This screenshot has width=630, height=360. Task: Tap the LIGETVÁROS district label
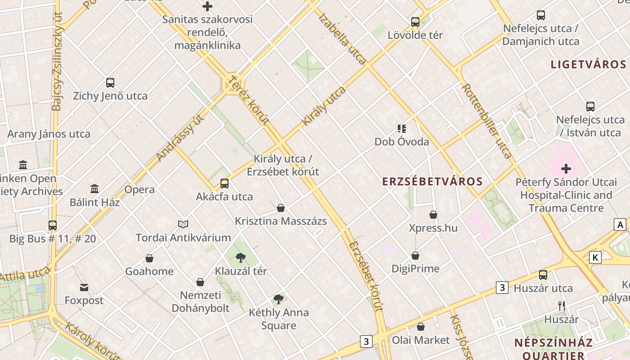coord(588,64)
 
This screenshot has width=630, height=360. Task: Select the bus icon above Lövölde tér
coord(415,22)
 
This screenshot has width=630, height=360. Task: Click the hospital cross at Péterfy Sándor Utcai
coord(566,169)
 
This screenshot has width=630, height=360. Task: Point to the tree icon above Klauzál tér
coord(241,258)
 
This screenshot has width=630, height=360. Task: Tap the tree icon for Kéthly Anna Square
coord(279,299)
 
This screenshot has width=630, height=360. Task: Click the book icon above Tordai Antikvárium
coord(183,224)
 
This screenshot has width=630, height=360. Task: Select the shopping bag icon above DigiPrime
coord(415,256)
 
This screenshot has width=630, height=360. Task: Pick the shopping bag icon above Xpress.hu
coord(433,215)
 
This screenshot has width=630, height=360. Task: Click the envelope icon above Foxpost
coord(84,288)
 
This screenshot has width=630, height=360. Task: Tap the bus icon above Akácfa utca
coord(224,184)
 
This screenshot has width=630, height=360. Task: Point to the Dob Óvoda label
coord(401,142)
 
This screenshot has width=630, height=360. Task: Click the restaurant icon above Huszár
coord(562,306)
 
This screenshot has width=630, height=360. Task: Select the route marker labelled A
coord(621,225)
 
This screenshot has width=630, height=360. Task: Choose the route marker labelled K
coord(595,257)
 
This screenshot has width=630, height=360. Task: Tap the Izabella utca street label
coord(342,39)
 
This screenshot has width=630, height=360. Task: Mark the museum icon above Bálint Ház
coord(94,189)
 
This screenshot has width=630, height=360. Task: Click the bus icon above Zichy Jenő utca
coord(110,83)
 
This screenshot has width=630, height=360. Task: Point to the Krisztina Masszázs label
coord(281,221)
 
